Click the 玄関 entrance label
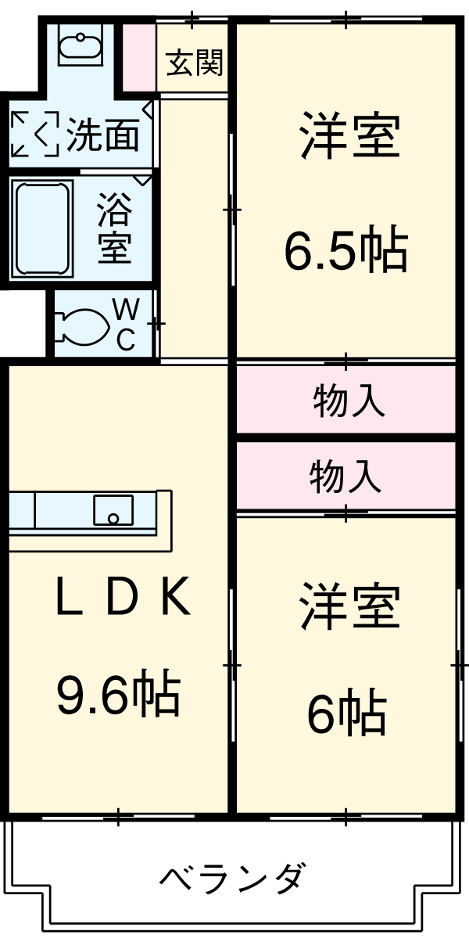(194, 63)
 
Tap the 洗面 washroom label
(102, 135)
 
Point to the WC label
(127, 324)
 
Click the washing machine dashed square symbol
(35, 135)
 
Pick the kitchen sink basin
(113, 511)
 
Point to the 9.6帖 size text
(118, 693)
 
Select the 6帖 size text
(346, 713)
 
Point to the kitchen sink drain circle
(113, 518)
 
